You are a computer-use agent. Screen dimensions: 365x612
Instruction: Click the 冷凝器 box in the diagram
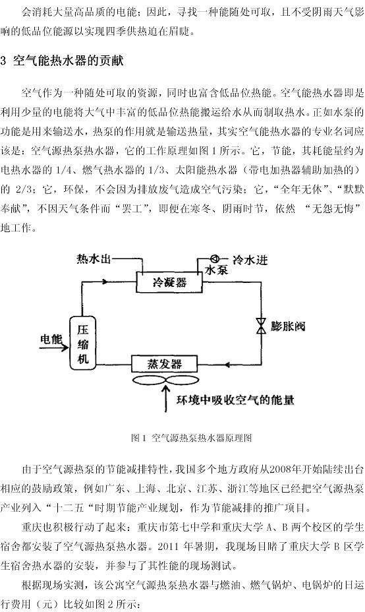point(169,282)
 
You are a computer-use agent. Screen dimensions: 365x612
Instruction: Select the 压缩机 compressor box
point(82,344)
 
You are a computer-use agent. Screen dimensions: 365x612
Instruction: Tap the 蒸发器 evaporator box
point(164,364)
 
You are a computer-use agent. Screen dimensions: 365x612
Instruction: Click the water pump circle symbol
point(215,259)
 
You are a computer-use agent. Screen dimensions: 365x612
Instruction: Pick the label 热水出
point(94,259)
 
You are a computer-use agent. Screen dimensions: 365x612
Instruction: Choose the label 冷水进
point(250,260)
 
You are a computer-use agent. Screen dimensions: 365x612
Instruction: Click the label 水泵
point(217,270)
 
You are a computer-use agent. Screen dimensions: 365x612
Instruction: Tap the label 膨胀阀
point(288,326)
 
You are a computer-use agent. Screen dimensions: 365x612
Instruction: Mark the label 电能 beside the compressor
point(51,339)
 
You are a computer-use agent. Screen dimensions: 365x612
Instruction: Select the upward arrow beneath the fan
point(167,398)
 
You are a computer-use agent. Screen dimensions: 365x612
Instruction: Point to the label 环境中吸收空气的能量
point(235,400)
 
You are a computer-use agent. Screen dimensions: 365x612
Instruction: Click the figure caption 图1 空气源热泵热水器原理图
point(192,437)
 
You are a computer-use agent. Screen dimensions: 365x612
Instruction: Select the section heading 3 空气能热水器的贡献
point(63,61)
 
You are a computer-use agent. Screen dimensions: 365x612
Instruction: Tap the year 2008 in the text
point(280,469)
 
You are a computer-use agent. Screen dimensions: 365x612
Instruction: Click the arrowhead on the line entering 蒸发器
point(230,365)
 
